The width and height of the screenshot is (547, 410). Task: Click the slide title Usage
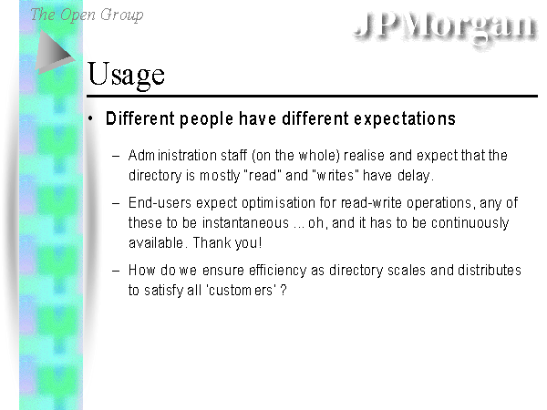point(126,75)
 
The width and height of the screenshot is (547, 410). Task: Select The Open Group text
point(87,15)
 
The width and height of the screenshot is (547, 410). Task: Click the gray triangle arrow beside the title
point(55,52)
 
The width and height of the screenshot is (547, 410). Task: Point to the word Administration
point(172,156)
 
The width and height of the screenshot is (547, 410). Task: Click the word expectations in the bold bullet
point(405,119)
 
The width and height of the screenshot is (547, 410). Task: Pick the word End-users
point(160,203)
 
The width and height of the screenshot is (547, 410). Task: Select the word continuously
point(470,223)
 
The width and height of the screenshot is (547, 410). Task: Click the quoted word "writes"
point(336,175)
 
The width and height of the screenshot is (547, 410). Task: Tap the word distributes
point(490,271)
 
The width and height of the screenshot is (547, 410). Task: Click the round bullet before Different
point(90,118)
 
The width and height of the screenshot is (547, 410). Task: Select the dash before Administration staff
point(116,156)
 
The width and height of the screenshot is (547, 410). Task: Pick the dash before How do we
point(116,271)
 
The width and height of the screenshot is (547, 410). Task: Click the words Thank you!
point(227,243)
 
